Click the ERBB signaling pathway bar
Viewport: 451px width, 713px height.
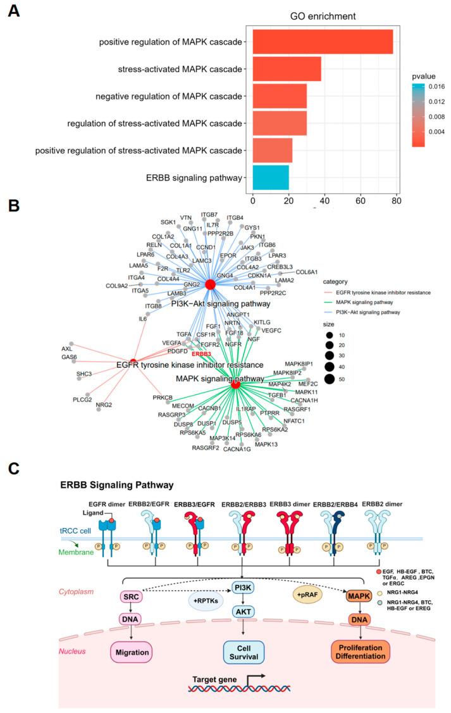click(x=271, y=178)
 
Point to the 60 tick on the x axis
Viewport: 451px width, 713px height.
click(x=361, y=201)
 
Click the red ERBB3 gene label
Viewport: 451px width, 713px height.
click(x=202, y=354)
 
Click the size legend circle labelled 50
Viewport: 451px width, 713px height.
click(x=364, y=379)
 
